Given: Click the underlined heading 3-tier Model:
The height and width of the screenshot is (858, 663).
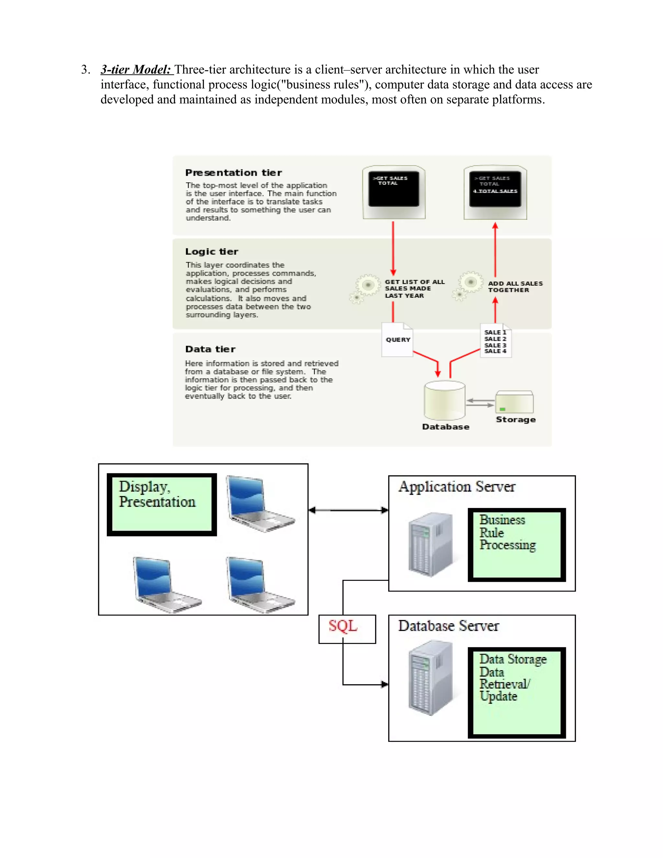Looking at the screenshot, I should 136,70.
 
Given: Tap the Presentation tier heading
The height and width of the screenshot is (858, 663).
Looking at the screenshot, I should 233,173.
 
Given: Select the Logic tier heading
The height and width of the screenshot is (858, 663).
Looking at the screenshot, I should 212,252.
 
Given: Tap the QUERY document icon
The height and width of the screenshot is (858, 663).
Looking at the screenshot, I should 397,340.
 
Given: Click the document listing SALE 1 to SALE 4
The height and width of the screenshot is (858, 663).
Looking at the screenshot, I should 495,341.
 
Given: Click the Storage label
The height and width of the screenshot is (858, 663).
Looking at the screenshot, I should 515,420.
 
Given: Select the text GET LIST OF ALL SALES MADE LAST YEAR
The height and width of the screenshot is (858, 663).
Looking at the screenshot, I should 414,289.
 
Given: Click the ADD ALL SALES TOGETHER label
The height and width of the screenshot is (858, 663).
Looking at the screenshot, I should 515,287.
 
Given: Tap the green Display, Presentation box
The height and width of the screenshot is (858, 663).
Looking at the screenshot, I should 162,504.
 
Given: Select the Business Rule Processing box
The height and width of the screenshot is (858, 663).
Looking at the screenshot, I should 516,545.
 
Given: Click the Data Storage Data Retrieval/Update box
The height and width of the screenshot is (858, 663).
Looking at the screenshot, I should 516,692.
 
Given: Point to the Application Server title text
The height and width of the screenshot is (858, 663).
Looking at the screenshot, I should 456,487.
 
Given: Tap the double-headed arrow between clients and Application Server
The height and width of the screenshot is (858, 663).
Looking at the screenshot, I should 348,510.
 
